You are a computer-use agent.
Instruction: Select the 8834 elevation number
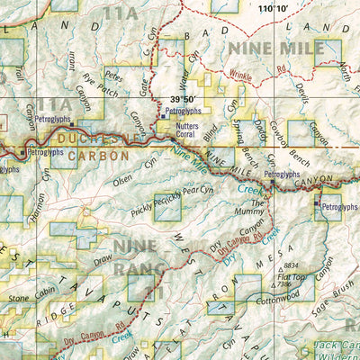click(x=290, y=266)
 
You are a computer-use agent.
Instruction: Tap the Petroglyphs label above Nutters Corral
click(x=184, y=112)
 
